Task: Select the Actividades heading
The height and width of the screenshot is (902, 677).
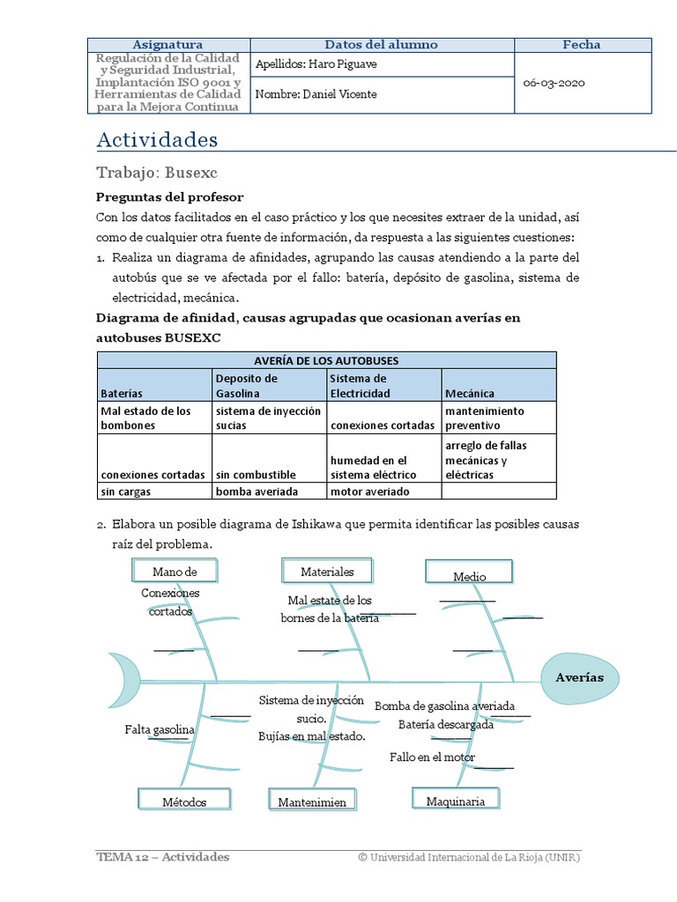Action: click(x=156, y=140)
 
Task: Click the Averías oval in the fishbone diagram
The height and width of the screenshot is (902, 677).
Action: click(x=579, y=678)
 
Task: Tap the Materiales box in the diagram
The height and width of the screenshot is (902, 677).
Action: click(x=327, y=572)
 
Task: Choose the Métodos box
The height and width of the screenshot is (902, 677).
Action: click(x=184, y=802)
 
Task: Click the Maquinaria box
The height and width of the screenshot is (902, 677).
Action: click(x=456, y=801)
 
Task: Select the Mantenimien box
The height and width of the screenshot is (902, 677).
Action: click(x=312, y=802)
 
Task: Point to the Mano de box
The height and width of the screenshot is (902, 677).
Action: click(x=175, y=572)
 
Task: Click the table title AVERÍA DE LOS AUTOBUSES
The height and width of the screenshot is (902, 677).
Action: click(x=326, y=360)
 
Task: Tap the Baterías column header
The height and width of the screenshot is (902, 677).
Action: click(x=122, y=393)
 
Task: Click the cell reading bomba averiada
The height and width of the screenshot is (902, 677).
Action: click(x=257, y=492)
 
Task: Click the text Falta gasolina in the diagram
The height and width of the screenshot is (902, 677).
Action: click(x=159, y=730)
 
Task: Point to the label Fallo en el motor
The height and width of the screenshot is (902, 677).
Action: click(x=432, y=758)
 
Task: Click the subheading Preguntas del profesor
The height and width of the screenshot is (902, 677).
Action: click(x=169, y=196)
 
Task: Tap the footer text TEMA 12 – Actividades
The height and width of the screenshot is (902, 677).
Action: click(x=163, y=857)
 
